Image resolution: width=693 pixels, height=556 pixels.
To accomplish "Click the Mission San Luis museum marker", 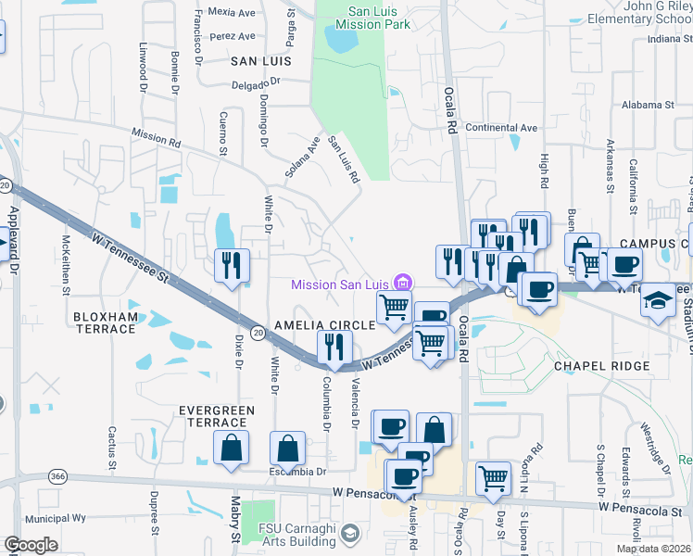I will pyautogui.click(x=403, y=283).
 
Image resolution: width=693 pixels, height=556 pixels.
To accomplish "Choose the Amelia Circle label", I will pyautogui.click(x=324, y=325).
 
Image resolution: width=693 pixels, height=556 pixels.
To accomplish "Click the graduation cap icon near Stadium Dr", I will pyautogui.click(x=658, y=301).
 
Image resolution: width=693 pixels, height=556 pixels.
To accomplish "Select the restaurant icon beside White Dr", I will pyautogui.click(x=231, y=265).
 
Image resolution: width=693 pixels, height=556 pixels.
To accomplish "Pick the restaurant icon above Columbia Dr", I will pyautogui.click(x=334, y=347).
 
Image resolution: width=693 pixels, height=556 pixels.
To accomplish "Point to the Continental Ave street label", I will pyautogui.click(x=501, y=128).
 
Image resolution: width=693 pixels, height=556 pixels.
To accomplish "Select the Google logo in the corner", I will pyautogui.click(x=31, y=545).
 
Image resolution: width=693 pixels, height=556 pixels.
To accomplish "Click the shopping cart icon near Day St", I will pyautogui.click(x=493, y=477).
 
